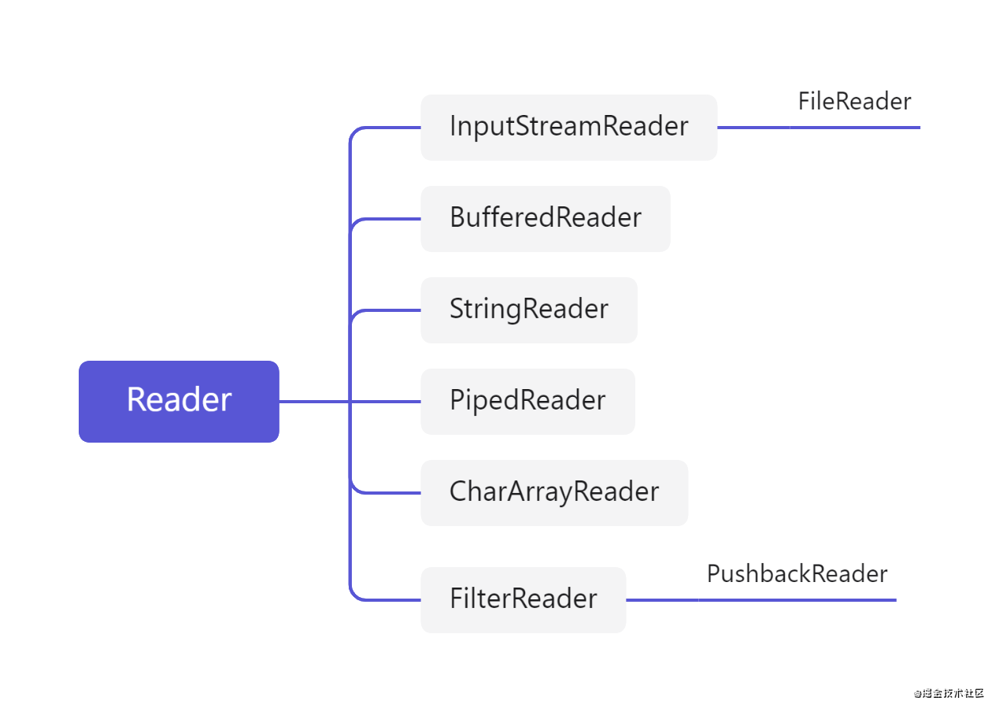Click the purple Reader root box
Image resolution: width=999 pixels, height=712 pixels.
(x=179, y=401)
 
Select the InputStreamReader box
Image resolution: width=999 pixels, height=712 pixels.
(x=568, y=127)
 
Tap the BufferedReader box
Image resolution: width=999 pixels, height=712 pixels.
(x=545, y=218)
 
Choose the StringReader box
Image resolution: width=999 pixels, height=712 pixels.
(x=528, y=310)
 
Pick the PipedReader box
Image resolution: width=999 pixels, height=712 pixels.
(x=527, y=401)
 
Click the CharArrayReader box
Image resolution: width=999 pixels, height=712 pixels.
(x=553, y=492)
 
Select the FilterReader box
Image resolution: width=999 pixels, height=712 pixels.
(x=523, y=599)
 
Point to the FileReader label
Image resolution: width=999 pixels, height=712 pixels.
(x=854, y=102)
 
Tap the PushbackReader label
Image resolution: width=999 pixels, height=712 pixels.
(x=797, y=574)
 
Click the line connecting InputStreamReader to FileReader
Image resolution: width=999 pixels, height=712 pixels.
(x=753, y=127)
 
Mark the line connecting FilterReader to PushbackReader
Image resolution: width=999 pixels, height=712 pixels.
(x=661, y=600)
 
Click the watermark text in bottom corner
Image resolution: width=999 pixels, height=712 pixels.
(x=949, y=693)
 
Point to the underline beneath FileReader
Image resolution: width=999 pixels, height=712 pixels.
(x=855, y=127)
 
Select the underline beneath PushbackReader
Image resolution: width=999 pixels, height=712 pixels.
(x=797, y=600)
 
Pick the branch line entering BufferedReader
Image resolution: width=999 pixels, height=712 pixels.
(x=386, y=219)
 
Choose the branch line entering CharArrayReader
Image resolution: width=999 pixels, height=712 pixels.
(x=386, y=493)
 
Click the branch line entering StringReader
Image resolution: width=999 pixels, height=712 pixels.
(x=386, y=310)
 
